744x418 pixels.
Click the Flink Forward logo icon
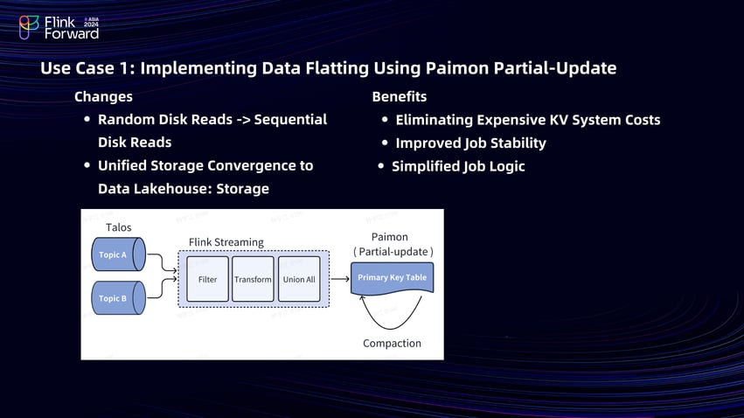29,27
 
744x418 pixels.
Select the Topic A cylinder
117,254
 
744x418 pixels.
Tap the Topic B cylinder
117,298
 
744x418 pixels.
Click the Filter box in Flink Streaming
207,279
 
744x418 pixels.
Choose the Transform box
253,279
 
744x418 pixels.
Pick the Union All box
299,279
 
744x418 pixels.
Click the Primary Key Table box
392,277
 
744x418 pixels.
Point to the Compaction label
392,344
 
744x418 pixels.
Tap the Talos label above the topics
118,227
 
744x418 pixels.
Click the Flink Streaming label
226,241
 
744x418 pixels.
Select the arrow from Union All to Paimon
340,279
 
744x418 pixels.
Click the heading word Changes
103,96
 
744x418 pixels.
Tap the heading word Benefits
400,96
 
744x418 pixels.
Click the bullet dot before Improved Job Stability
386,143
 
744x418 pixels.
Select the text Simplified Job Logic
458,166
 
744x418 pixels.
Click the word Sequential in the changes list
290,119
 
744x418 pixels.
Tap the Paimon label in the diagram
390,237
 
